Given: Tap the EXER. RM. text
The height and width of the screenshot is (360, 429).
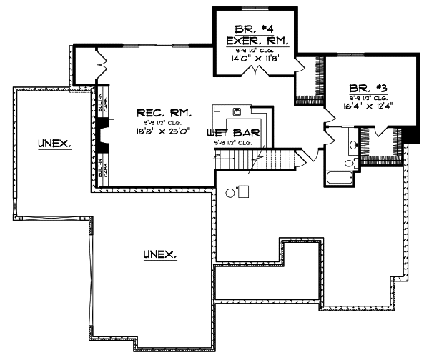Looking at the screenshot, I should click(x=247, y=41).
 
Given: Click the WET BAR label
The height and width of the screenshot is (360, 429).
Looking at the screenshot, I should click(x=232, y=133).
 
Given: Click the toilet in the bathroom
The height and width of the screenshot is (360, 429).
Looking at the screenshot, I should click(x=349, y=163).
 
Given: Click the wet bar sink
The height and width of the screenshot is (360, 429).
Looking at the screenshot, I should click(x=235, y=111).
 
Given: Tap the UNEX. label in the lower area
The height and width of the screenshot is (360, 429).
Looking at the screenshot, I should click(x=160, y=254).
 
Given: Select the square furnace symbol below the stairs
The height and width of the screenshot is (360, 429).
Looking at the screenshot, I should click(x=243, y=191).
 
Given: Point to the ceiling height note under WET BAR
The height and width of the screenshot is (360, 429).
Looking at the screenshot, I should click(x=232, y=144).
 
